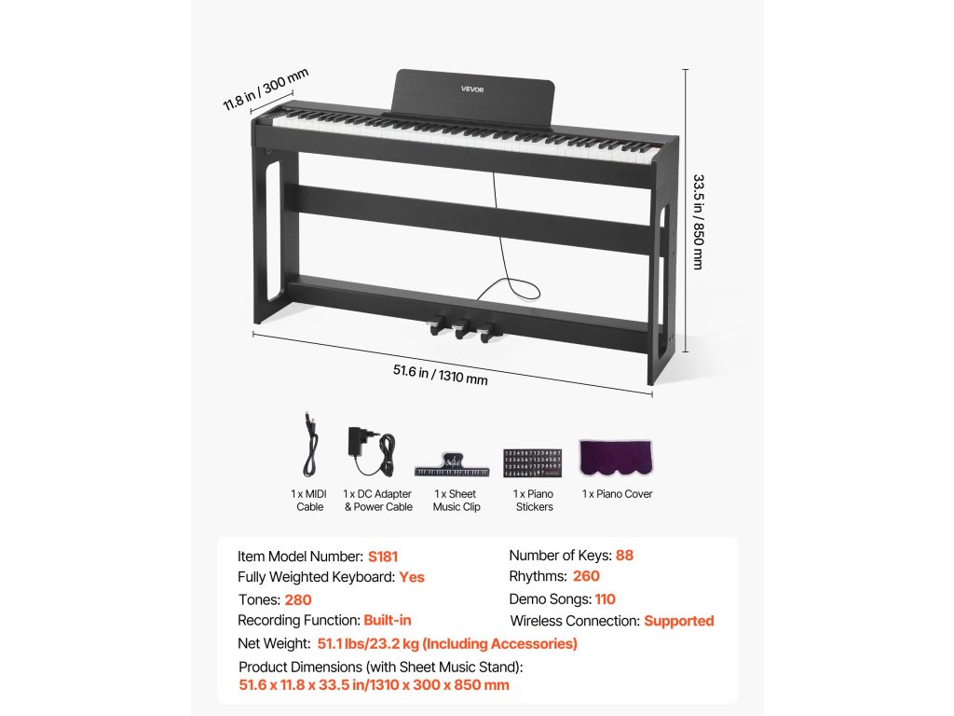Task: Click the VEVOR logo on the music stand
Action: [x=472, y=89]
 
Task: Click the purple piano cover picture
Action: [x=616, y=458]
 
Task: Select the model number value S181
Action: [x=382, y=557]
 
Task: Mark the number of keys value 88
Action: [x=624, y=556]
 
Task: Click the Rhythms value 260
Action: [x=586, y=577]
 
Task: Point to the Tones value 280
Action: [x=298, y=600]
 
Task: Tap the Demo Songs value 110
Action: [x=605, y=599]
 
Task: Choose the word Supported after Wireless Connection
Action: [x=678, y=621]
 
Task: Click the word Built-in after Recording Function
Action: [x=388, y=621]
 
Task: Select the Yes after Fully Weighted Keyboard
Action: [x=412, y=578]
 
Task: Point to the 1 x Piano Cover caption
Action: [x=617, y=494]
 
